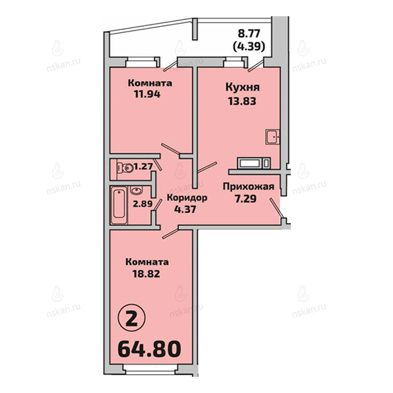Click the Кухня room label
(x=242, y=88)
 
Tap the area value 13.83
(x=242, y=101)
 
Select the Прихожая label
(x=249, y=187)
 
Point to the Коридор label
(x=187, y=198)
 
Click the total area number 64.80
(x=149, y=349)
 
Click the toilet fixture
(x=125, y=168)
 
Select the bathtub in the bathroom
(x=119, y=205)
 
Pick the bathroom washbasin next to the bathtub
(x=137, y=190)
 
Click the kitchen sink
(x=273, y=137)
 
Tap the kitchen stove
(x=253, y=163)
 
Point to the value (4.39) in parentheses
(x=249, y=47)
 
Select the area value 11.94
(x=147, y=94)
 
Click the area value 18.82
(x=146, y=274)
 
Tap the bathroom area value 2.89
(x=142, y=203)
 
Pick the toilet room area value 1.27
(x=143, y=166)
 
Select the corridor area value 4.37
(x=185, y=209)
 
